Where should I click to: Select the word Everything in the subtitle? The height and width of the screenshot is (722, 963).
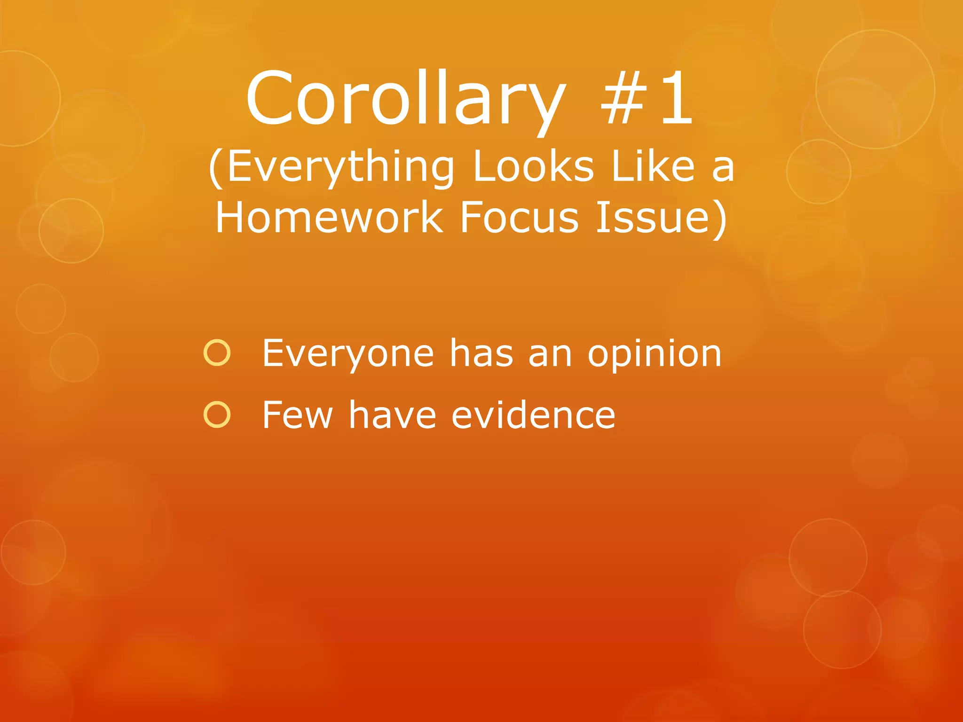pos(340,168)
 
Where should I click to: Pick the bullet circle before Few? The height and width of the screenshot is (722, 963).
pos(217,415)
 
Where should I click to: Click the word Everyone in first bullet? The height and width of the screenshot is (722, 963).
pos(348,353)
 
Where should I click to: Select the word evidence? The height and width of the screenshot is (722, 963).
pos(533,415)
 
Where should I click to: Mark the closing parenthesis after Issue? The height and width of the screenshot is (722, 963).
pos(719,219)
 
